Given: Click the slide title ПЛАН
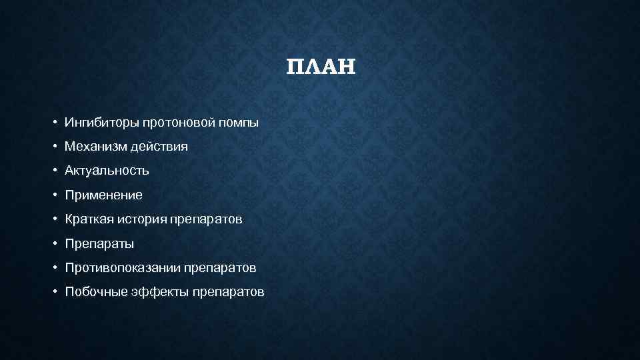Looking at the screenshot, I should (x=321, y=67).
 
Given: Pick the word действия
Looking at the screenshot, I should (x=159, y=146).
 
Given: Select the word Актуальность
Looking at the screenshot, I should (x=107, y=171).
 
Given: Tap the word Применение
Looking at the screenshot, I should (x=103, y=195).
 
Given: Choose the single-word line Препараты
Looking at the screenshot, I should (x=99, y=244).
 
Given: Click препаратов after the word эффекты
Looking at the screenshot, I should (x=228, y=292).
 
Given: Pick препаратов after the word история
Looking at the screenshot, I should (x=206, y=219).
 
